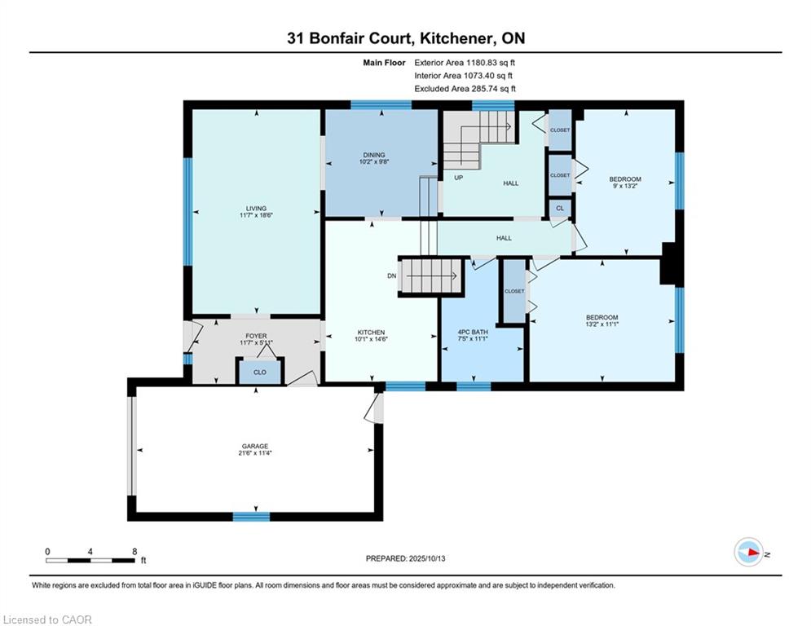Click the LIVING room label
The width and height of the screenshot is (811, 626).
(256, 209)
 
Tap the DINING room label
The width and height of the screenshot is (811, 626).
(374, 155)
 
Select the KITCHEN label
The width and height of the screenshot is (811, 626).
(371, 332)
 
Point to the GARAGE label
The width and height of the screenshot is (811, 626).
(255, 446)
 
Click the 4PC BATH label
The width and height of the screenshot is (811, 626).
(473, 332)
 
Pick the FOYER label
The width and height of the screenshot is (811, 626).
(256, 336)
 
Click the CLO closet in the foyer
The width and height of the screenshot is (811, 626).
(260, 372)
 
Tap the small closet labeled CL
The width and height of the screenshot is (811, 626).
(560, 209)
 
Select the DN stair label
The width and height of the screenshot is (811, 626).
(391, 276)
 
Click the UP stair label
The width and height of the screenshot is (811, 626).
(458, 178)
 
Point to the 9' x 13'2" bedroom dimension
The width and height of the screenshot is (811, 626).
(625, 186)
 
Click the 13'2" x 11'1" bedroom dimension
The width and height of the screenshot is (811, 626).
(602, 324)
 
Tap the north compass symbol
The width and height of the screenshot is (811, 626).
(749, 553)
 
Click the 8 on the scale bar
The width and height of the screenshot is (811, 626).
(134, 552)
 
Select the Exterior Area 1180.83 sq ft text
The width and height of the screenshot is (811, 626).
(465, 63)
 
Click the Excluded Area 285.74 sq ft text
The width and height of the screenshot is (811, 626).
(465, 89)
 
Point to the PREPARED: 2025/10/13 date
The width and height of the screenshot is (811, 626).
(406, 558)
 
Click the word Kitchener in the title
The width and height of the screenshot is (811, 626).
(455, 38)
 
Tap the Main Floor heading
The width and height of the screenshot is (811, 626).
(384, 63)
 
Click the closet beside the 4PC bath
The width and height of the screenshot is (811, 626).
(514, 291)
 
